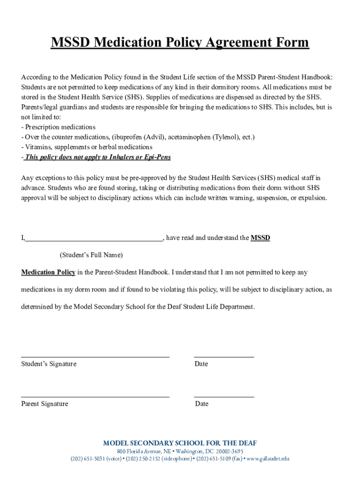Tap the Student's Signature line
[95, 357]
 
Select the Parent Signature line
[95, 397]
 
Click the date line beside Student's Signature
[224, 357]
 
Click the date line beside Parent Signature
[224, 397]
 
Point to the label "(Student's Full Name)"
[91, 255]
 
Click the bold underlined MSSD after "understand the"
[260, 238]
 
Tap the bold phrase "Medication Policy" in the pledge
[48, 272]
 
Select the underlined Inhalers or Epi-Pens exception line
[98, 157]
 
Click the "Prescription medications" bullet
[60, 127]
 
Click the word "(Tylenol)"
[226, 137]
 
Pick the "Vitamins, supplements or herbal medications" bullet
[89, 147]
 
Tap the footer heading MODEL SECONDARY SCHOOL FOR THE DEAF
[180, 443]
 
